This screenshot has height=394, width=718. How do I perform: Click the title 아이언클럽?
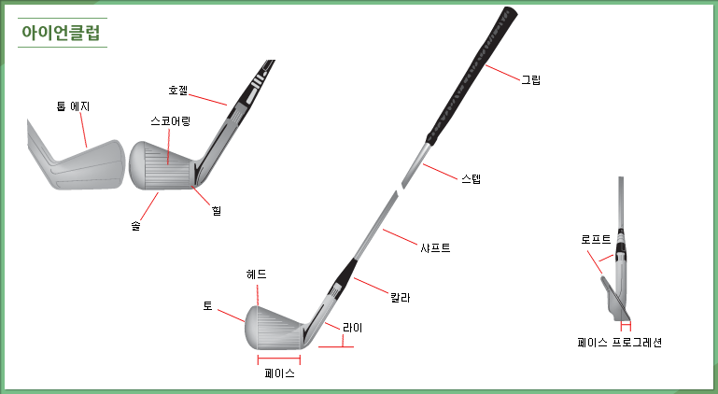[x=61, y=33]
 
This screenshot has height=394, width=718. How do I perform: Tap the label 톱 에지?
[x=73, y=106]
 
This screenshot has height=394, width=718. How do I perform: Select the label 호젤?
[x=178, y=91]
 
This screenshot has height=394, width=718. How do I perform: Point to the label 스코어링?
[x=170, y=121]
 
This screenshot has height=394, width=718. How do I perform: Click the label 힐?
[x=217, y=211]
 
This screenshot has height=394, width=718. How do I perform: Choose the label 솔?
[x=135, y=225]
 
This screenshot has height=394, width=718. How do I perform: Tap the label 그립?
[x=531, y=79]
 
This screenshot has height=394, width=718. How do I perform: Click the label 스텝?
[x=472, y=178]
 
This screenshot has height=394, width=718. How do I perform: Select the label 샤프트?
[x=435, y=247]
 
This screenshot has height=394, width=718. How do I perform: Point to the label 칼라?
[x=401, y=298]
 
